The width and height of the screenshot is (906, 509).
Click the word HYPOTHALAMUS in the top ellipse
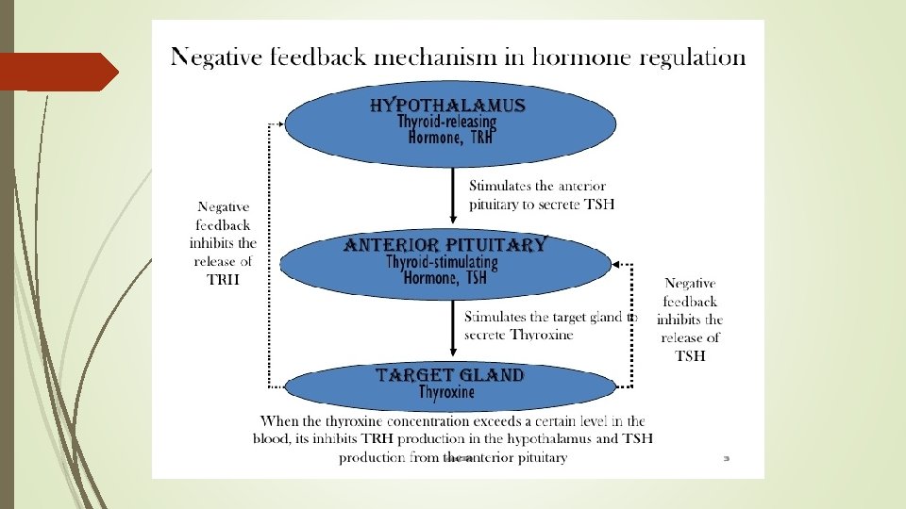coord(446,105)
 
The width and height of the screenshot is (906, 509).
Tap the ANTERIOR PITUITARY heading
coord(445,245)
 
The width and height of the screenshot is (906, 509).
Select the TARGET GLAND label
coord(450,375)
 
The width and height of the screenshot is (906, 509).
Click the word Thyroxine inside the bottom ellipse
coord(447,392)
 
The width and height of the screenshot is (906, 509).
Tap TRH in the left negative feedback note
coord(224,279)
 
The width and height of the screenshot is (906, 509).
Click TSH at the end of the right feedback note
coord(690,355)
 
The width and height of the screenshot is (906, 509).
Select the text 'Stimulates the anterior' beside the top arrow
coord(537,186)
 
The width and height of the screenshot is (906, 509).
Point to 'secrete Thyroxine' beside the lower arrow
coord(518,335)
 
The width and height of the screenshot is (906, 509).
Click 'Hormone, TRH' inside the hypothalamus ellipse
coord(449,138)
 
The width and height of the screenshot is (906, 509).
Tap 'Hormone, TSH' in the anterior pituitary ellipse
coord(445,277)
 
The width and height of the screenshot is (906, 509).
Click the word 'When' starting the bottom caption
coord(280,421)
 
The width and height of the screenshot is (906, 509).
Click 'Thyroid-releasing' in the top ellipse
coord(446,122)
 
